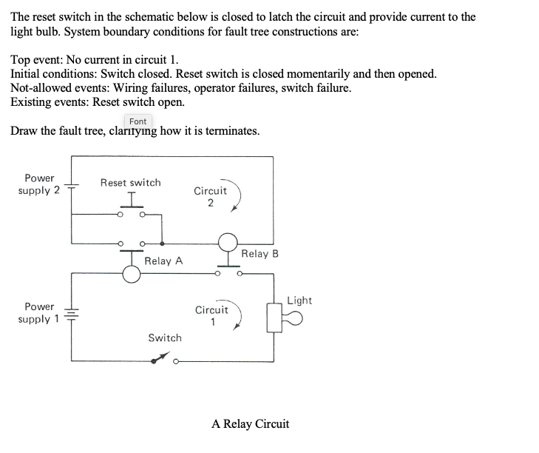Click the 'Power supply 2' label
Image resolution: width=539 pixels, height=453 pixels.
pos(39,184)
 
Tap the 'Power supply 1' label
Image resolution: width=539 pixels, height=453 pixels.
pos(39,313)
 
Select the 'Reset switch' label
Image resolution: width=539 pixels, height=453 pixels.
pos(130,182)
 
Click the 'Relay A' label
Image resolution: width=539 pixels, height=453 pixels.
pos(163,261)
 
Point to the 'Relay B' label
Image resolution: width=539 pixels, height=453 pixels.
pos(260,254)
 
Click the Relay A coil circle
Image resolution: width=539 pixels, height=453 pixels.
pos(132,275)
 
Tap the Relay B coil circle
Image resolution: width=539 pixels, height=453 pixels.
pos(227,241)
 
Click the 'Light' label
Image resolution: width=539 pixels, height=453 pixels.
pos(299,300)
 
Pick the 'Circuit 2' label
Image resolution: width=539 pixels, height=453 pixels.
pos(210,197)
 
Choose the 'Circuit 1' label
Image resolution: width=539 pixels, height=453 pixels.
pos(211,316)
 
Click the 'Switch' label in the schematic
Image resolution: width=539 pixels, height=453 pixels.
pos(164,338)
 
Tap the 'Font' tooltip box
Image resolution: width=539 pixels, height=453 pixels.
pos(138,121)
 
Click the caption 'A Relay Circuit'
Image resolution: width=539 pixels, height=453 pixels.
pos(250,424)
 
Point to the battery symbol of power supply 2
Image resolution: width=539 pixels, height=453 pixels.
pos(72,185)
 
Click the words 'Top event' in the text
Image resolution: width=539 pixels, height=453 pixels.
pos(36,61)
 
